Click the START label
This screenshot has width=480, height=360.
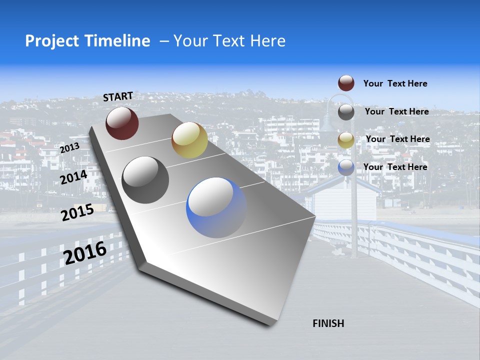click(x=118, y=96)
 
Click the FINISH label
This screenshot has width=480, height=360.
click(x=328, y=323)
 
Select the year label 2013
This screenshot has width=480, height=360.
click(x=69, y=148)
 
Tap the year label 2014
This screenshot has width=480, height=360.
click(x=73, y=177)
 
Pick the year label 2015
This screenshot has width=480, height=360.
click(x=77, y=212)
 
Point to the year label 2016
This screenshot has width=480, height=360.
click(x=85, y=253)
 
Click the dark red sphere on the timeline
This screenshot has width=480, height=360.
click(x=122, y=123)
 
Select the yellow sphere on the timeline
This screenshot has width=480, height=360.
click(x=189, y=140)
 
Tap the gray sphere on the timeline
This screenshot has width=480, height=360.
click(x=145, y=180)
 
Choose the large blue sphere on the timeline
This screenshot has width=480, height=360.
click(x=216, y=207)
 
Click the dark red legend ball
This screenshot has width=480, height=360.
click(x=346, y=83)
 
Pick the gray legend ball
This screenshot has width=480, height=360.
click(x=346, y=112)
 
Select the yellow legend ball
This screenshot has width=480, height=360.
click(x=346, y=140)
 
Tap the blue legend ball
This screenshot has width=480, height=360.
click(x=346, y=167)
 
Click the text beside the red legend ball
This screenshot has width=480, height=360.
click(x=395, y=84)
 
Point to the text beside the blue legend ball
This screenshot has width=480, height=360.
click(x=395, y=167)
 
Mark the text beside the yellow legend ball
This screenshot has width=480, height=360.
click(x=397, y=139)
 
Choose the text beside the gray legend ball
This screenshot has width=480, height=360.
click(x=396, y=111)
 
